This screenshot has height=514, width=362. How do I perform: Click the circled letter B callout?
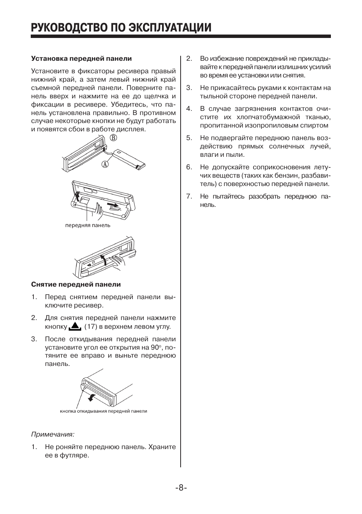pyautogui.click(x=113, y=139)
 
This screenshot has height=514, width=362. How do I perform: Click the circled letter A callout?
pyautogui.click(x=105, y=164)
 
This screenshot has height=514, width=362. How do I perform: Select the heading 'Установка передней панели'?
pyautogui.click(x=81, y=58)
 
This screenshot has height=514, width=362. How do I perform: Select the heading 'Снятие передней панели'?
pyautogui.click(x=76, y=284)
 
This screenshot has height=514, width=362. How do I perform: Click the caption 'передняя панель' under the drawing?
pyautogui.click(x=88, y=225)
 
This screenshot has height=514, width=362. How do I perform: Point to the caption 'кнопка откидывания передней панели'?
pyautogui.click(x=103, y=411)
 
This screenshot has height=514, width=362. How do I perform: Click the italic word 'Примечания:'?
pyautogui.click(x=52, y=434)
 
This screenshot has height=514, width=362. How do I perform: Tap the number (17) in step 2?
pyautogui.click(x=91, y=326)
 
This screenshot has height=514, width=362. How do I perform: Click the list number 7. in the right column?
pyautogui.click(x=189, y=196)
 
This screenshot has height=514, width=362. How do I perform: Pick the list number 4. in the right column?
pyautogui.click(x=189, y=109)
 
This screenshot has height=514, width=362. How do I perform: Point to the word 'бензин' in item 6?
pyautogui.click(x=280, y=175)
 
